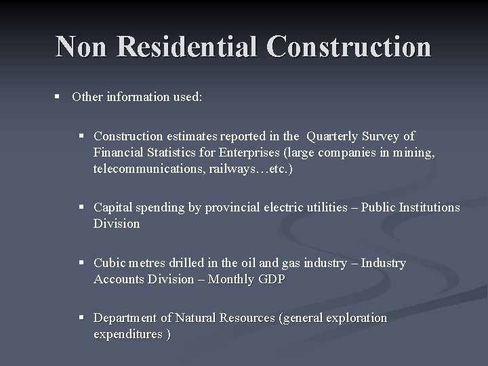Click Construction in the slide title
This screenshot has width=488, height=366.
tap(349, 47)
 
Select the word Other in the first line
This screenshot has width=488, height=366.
tap(87, 96)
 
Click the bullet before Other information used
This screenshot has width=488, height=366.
tap(59, 96)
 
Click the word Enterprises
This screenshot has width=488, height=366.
tap(235, 153)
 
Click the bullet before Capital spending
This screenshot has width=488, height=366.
tap(82, 207)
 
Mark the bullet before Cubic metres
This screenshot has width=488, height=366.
tap(82, 263)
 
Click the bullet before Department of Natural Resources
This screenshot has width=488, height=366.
tap(82, 318)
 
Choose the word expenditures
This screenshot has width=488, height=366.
tap(127, 334)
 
